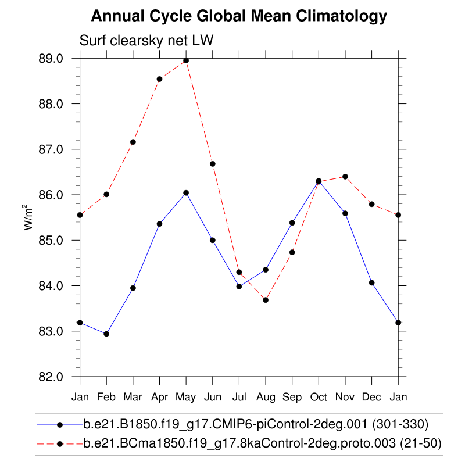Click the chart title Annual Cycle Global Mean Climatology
point(239,16)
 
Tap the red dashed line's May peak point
point(186,60)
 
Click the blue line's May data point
point(186,193)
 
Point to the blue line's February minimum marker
point(106,334)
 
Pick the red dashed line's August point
point(266,300)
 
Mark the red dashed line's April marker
point(159,79)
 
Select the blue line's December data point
point(371,282)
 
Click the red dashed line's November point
point(345,177)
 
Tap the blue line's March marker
point(133,288)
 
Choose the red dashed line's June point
point(213,164)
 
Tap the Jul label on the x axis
point(239,397)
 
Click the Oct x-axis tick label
point(319,397)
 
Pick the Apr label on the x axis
point(159,397)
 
